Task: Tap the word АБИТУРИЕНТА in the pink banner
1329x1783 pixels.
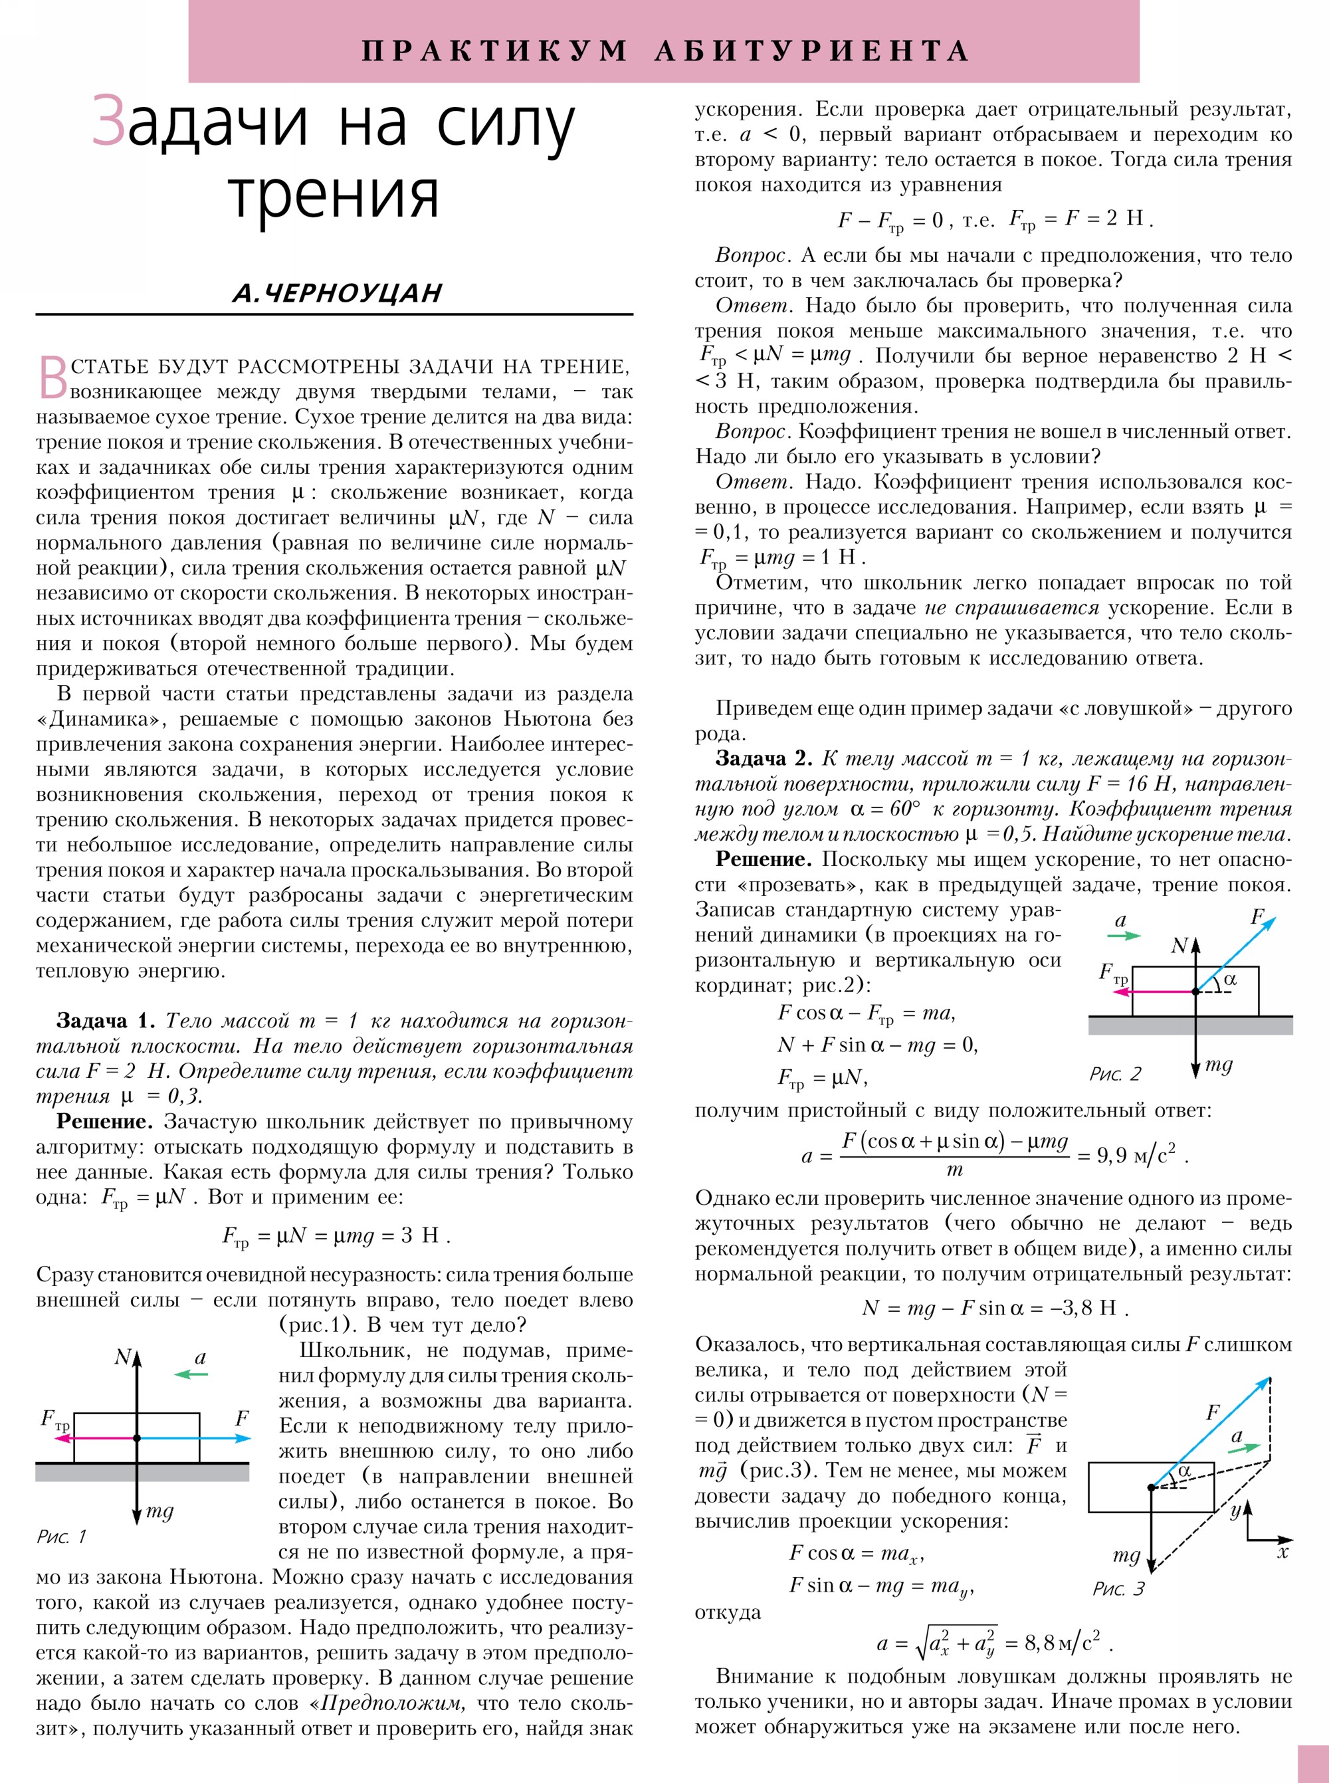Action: [812, 51]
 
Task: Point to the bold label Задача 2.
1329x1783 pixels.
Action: [764, 759]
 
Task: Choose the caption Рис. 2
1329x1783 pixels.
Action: [1115, 1074]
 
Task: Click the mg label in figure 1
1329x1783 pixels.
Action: [159, 1511]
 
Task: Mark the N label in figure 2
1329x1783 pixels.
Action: [1179, 946]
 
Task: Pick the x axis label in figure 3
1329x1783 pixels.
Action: [1283, 1551]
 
